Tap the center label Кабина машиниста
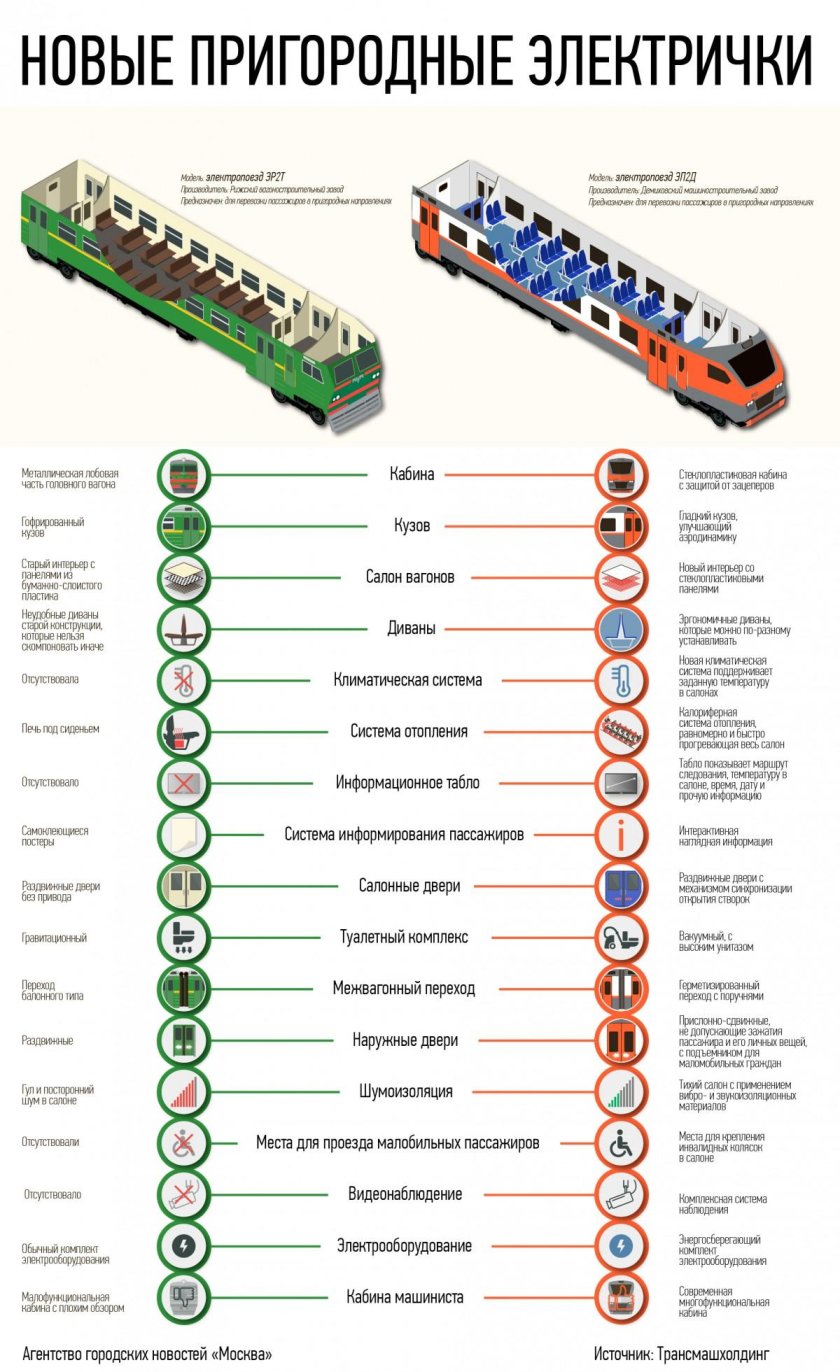[405, 1297]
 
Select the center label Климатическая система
[408, 680]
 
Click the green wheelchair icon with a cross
[184, 1143]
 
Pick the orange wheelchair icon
[620, 1143]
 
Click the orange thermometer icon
[620, 680]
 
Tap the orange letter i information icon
[620, 834]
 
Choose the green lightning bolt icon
[184, 1246]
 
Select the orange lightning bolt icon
[620, 1246]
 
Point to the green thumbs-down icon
[184, 1297]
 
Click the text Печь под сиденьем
[61, 729]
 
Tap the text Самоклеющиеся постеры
[54, 836]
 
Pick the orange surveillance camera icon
[620, 1194]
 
